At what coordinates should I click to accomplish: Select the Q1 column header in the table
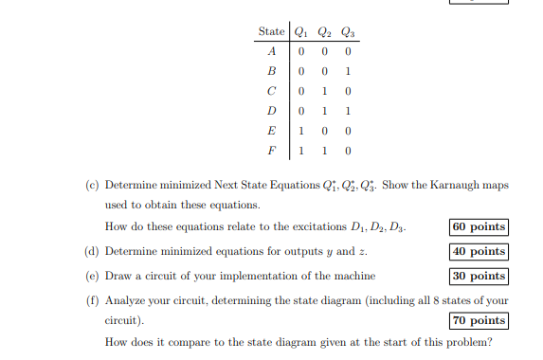[302, 33]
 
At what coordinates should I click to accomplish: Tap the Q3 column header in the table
[350, 33]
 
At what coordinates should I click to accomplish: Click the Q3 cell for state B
[349, 71]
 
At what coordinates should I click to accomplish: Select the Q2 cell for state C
[325, 91]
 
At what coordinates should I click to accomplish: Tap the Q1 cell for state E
[301, 131]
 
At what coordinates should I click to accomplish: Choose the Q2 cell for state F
[325, 151]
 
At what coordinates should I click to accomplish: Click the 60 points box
[479, 226]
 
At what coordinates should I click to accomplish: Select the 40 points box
[479, 251]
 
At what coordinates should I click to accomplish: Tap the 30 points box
[479, 276]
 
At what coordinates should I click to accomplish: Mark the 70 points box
[479, 320]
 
